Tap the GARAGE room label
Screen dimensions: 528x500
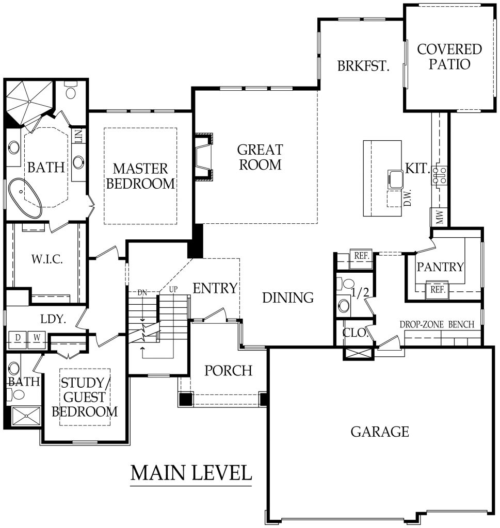380,431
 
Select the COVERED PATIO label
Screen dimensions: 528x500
449,57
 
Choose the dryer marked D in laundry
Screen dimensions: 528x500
18,338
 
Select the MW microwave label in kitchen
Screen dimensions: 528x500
439,217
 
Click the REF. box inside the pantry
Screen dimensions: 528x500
437,289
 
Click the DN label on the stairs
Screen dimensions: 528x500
143,292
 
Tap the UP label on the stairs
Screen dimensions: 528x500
173,289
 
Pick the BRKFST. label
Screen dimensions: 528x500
363,66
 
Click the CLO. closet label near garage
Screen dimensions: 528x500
356,333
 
